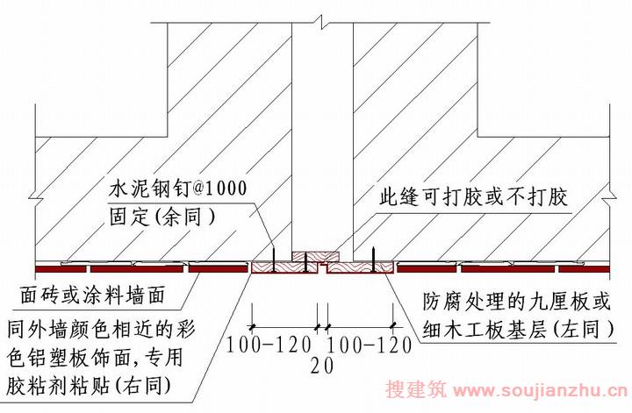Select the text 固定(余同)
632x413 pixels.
click(162, 217)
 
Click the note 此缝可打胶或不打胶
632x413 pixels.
click(473, 197)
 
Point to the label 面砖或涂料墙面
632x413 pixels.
click(93, 296)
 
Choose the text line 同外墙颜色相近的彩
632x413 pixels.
click(102, 330)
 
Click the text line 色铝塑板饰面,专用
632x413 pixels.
click(96, 358)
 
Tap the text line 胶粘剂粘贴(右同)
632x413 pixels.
click(90, 386)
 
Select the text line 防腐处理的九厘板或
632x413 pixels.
click(517, 302)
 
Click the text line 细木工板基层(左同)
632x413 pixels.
click(519, 330)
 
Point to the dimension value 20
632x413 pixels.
click(322, 366)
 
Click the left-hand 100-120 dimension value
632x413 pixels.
click(269, 345)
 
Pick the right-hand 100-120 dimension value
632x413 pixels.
click(369, 345)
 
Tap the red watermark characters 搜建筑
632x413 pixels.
click(416, 389)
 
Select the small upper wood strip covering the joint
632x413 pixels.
click(316, 257)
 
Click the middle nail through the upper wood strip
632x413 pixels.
click(306, 261)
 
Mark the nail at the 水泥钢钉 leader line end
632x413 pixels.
click(273, 260)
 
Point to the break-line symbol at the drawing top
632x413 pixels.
click(321, 19)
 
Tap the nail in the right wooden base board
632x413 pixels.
click(374, 260)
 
